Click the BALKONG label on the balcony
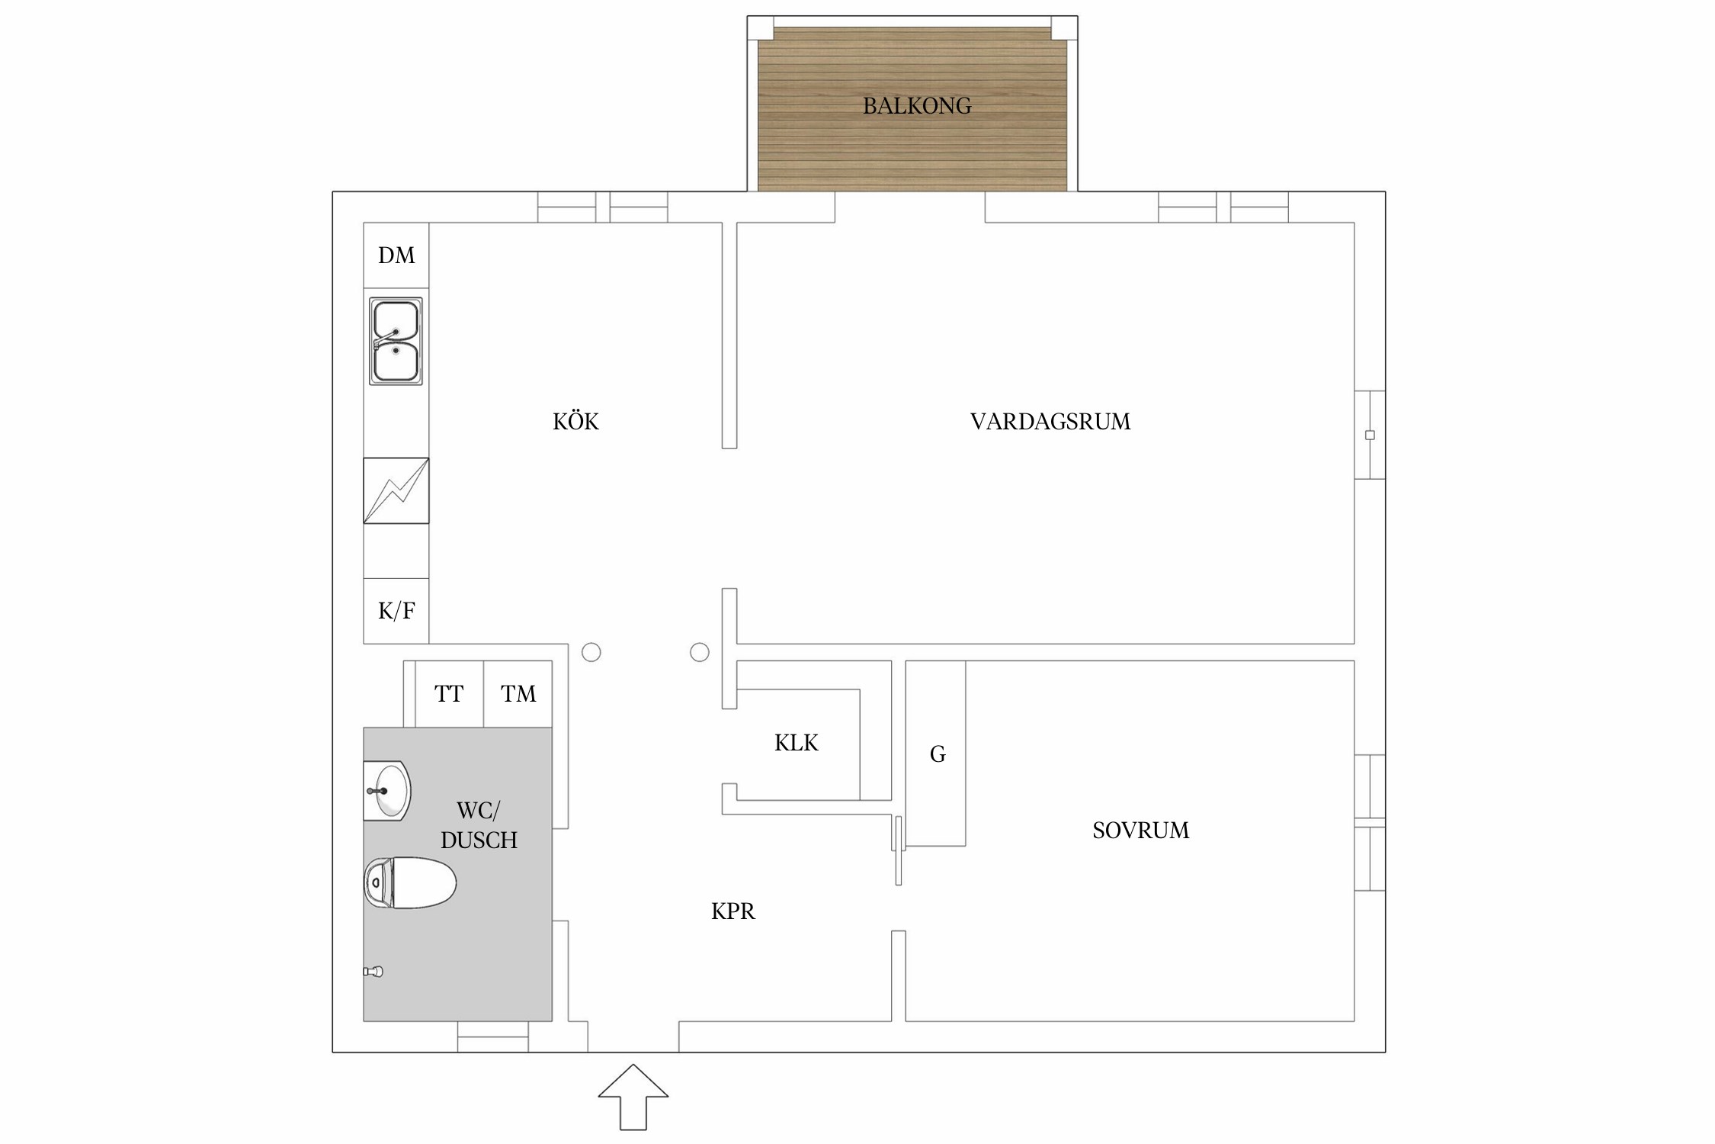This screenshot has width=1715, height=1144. [x=917, y=106]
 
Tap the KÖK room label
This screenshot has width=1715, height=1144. [x=575, y=421]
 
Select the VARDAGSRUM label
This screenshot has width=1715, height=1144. [x=1050, y=422]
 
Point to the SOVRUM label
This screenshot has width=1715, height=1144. [x=1140, y=831]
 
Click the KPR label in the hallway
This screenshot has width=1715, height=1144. [x=733, y=911]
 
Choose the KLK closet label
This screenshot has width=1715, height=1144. [x=797, y=743]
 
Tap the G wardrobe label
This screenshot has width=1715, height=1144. [x=938, y=754]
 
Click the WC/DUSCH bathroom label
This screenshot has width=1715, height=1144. [x=479, y=825]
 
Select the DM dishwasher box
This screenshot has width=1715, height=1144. [x=396, y=255]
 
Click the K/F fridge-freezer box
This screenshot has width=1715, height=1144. [x=396, y=611]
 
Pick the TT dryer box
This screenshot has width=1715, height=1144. [x=450, y=694]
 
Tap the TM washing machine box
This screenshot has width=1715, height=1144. [x=518, y=694]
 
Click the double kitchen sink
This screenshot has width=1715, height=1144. [x=396, y=341]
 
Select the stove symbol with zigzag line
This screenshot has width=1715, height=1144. [x=396, y=490]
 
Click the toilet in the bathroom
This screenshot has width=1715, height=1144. [x=409, y=883]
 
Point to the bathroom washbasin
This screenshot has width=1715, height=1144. [x=387, y=791]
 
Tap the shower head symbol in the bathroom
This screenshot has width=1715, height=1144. [x=373, y=972]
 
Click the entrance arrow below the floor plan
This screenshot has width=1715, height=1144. [x=633, y=1097]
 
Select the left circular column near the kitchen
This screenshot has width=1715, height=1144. [x=591, y=652]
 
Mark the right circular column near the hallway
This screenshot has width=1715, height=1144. [x=700, y=652]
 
